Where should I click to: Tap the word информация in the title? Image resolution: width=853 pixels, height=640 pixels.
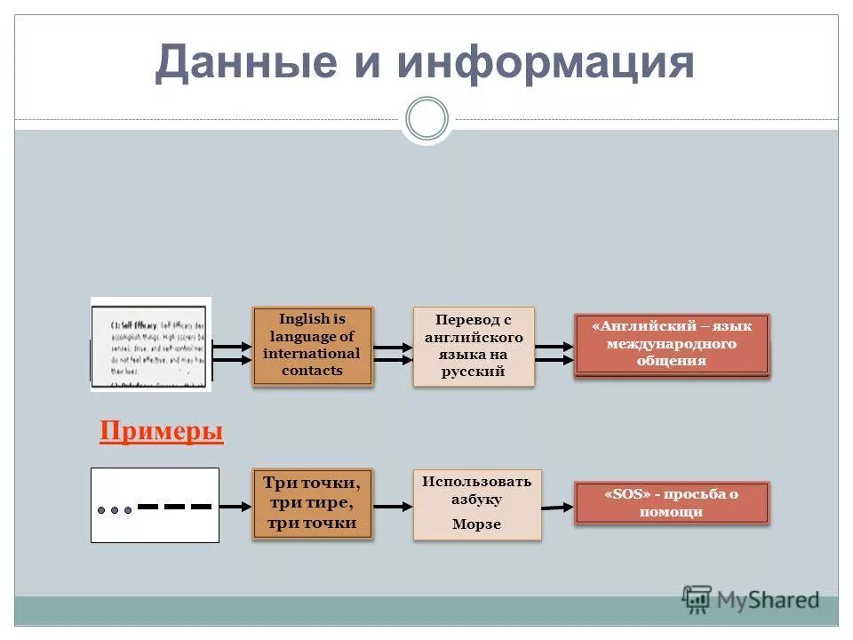click(546, 62)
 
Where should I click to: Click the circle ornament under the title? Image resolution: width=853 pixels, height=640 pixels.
click(426, 118)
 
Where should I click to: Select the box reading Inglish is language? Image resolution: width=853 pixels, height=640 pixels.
click(312, 345)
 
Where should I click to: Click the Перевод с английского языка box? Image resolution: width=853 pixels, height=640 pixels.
click(474, 346)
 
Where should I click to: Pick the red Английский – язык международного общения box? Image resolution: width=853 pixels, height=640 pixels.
click(671, 344)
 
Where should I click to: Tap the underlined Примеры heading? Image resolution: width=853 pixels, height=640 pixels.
click(161, 432)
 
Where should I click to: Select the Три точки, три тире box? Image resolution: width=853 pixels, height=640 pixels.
click(312, 503)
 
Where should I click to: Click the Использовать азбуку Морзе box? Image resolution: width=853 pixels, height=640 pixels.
click(476, 503)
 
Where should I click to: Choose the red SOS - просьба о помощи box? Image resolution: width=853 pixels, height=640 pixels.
click(671, 503)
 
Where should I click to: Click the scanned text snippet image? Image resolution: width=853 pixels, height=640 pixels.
click(151, 344)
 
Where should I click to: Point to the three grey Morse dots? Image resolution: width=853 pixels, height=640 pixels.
click(115, 510)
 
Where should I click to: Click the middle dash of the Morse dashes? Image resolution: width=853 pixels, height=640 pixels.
click(175, 506)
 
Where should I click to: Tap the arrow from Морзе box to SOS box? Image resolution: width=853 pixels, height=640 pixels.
click(557, 507)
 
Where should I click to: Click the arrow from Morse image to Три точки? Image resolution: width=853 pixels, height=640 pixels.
click(235, 506)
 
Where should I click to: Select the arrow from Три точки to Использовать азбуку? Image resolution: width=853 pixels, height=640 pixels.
click(393, 506)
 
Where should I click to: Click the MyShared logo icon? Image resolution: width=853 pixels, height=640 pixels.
click(697, 599)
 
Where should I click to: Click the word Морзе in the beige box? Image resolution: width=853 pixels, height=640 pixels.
click(476, 524)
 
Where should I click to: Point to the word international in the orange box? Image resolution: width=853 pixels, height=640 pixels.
click(312, 354)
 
